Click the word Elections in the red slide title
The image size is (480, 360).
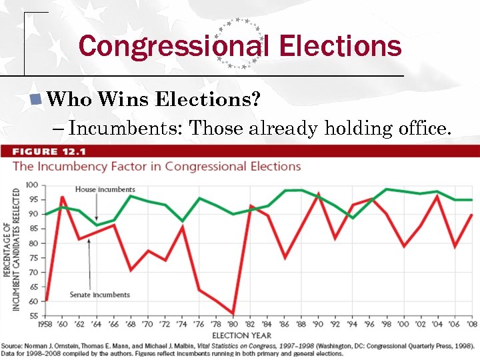click(x=341, y=47)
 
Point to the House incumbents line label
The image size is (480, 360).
click(x=105, y=190)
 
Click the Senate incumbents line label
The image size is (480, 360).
click(x=99, y=295)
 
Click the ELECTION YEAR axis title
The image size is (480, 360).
click(x=241, y=335)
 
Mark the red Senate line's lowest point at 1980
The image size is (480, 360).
click(x=233, y=313)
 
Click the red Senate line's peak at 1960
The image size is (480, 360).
click(x=63, y=197)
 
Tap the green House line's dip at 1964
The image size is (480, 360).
click(x=97, y=225)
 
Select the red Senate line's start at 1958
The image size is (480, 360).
click(x=45, y=299)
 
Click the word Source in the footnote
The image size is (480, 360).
click(x=13, y=346)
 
